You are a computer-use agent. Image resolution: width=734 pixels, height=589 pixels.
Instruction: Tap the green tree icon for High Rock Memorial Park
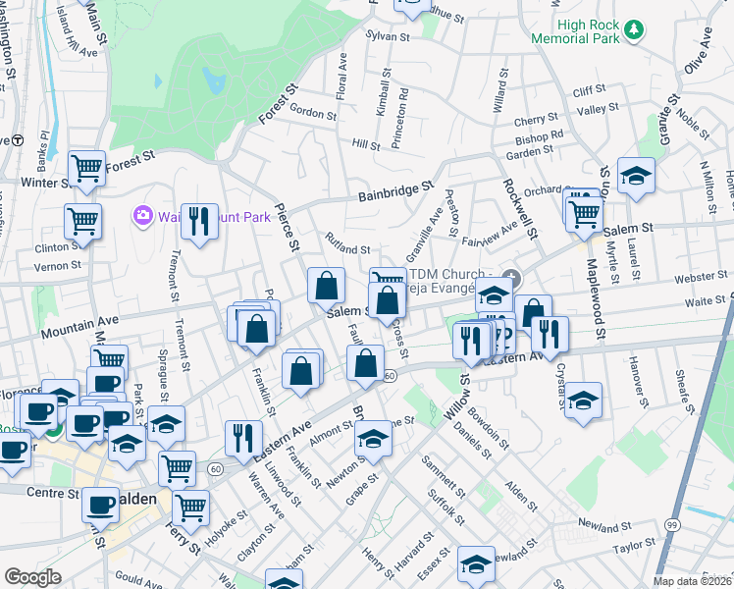click(x=635, y=30)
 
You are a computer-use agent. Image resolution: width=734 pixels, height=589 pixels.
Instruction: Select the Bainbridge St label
click(x=399, y=188)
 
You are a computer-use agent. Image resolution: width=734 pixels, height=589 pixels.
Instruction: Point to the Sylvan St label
click(x=387, y=35)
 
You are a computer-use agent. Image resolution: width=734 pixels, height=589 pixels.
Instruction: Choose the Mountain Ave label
click(x=79, y=326)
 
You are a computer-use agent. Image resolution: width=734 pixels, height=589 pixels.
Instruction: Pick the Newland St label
click(x=602, y=524)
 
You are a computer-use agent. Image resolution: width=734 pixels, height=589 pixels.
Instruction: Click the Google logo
click(x=32, y=576)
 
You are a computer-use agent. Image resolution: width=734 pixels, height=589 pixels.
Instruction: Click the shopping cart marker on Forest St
click(x=86, y=169)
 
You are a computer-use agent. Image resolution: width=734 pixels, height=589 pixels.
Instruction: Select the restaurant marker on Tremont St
click(x=199, y=222)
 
